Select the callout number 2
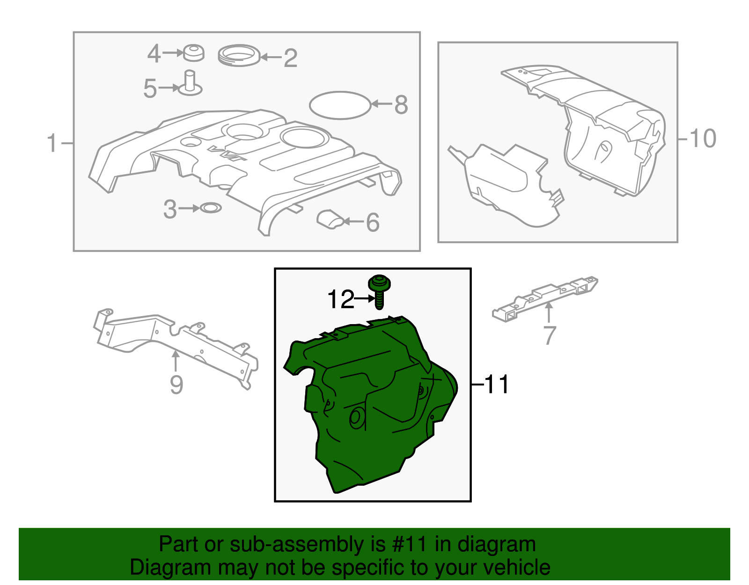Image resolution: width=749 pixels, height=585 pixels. (x=290, y=58)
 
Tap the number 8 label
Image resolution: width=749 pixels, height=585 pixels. (x=401, y=104)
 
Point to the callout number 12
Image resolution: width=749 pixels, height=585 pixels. (x=340, y=299)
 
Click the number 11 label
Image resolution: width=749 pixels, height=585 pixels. (x=496, y=384)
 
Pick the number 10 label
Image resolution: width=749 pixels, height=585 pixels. (x=703, y=139)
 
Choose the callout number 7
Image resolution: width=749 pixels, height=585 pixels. (x=549, y=335)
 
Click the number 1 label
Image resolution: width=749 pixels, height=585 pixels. (x=52, y=143)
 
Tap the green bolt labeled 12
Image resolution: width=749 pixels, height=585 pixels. (x=379, y=291)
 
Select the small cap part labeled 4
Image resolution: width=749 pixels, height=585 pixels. (x=193, y=53)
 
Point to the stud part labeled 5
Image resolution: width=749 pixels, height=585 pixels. (x=190, y=84)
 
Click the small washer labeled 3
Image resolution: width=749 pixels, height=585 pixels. (x=211, y=208)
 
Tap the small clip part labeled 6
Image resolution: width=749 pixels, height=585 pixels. (x=330, y=219)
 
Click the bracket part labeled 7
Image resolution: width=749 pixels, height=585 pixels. (x=544, y=298)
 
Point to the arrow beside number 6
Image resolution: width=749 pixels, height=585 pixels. (x=353, y=221)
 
